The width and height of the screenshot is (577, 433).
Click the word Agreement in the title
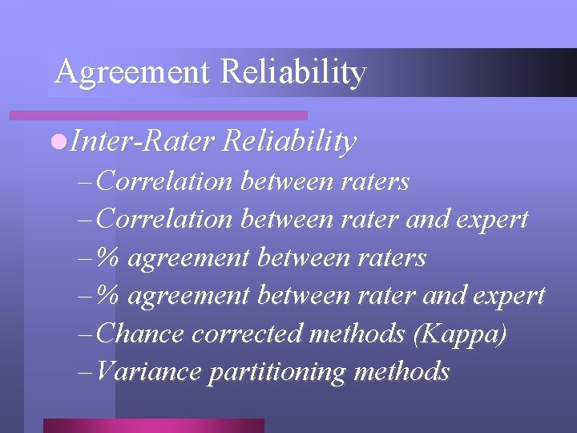[132, 73]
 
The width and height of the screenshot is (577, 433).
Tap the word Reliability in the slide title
[293, 73]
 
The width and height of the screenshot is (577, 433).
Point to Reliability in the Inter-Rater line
[289, 142]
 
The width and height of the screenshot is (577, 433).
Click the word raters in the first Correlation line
[376, 182]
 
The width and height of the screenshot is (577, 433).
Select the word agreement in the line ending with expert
[188, 296]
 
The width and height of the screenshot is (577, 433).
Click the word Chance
[139, 334]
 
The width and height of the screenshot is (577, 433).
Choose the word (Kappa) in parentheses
[459, 334]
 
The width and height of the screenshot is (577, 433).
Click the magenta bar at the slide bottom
[153, 426]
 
